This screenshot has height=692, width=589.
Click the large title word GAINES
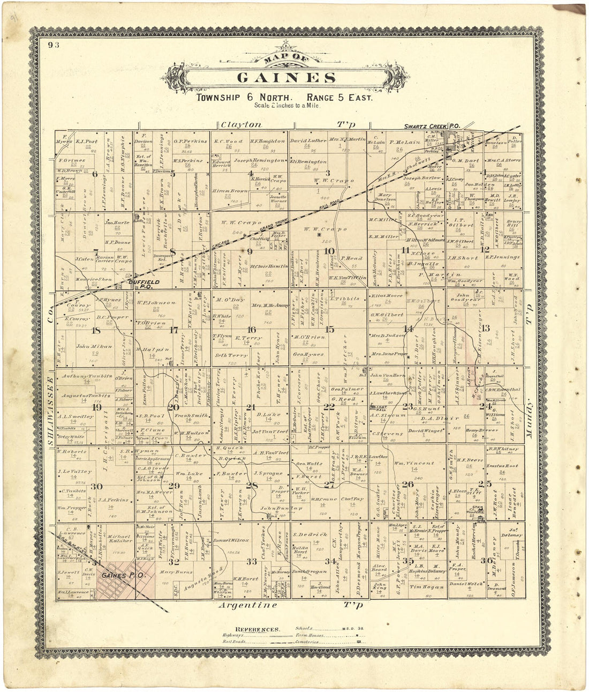(286, 77)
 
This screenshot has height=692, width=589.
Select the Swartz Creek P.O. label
(431, 126)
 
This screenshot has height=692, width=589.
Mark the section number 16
(251, 329)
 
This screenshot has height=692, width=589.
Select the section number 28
(251, 486)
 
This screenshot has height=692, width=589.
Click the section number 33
(251, 561)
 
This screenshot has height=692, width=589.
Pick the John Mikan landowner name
(94, 346)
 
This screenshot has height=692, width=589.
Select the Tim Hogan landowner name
(426, 587)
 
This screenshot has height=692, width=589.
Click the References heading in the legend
(256, 629)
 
